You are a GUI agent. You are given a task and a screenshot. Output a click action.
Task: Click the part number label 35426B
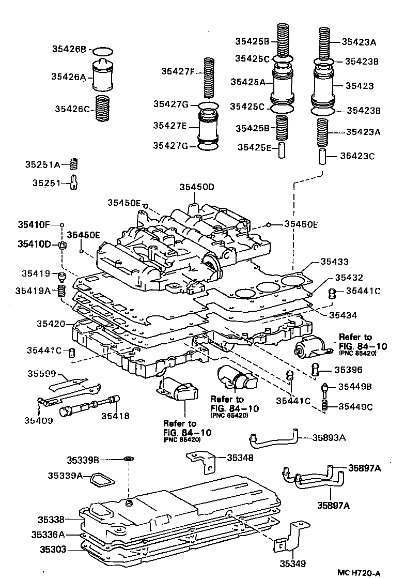(x=69, y=50)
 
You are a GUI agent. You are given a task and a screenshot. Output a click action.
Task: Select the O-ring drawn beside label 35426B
(x=103, y=51)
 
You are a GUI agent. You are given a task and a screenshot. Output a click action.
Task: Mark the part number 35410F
(x=34, y=225)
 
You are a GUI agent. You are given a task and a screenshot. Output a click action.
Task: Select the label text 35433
(x=334, y=262)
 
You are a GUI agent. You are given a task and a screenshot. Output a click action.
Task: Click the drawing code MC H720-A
(x=359, y=572)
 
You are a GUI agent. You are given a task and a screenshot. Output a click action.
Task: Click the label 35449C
(x=355, y=406)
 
